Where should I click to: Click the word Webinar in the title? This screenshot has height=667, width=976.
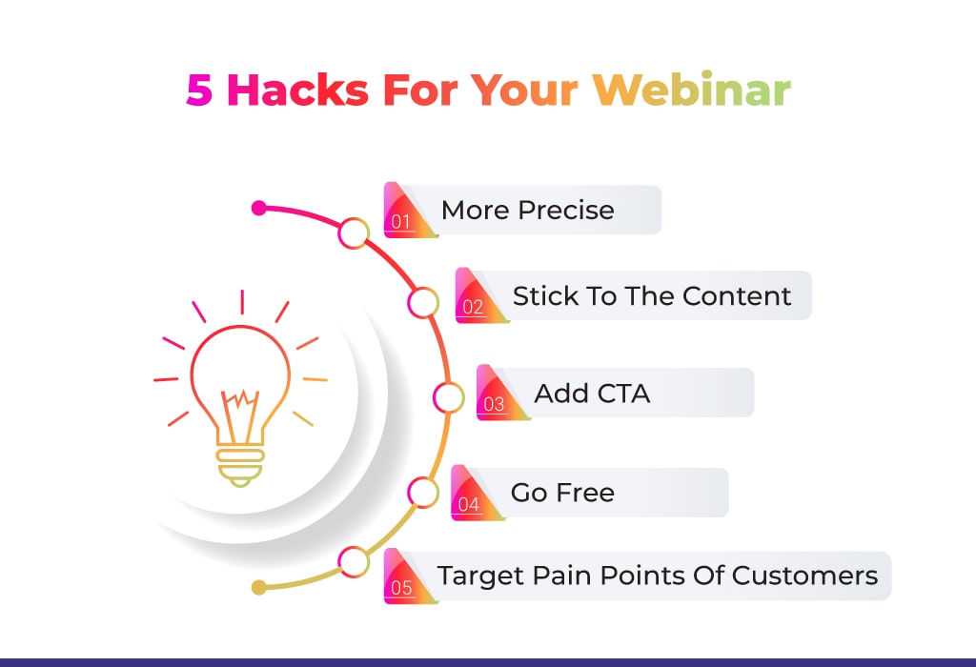pyautogui.click(x=692, y=91)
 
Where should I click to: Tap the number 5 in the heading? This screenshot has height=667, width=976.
pyautogui.click(x=199, y=91)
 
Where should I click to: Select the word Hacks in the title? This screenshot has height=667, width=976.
pyautogui.click(x=298, y=91)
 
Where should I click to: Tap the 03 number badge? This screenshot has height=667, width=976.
pyautogui.click(x=500, y=393)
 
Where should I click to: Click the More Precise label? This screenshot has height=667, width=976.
pyautogui.click(x=528, y=211)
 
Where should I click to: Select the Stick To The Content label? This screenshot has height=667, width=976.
pyautogui.click(x=652, y=296)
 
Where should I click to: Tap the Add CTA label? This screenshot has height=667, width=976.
pyautogui.click(x=592, y=394)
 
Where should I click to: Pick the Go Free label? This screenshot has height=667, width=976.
pyautogui.click(x=562, y=493)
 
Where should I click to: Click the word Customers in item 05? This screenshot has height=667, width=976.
pyautogui.click(x=804, y=576)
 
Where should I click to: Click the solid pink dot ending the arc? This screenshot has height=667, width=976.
pyautogui.click(x=259, y=208)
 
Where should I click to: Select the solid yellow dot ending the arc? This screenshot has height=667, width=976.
pyautogui.click(x=259, y=587)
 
